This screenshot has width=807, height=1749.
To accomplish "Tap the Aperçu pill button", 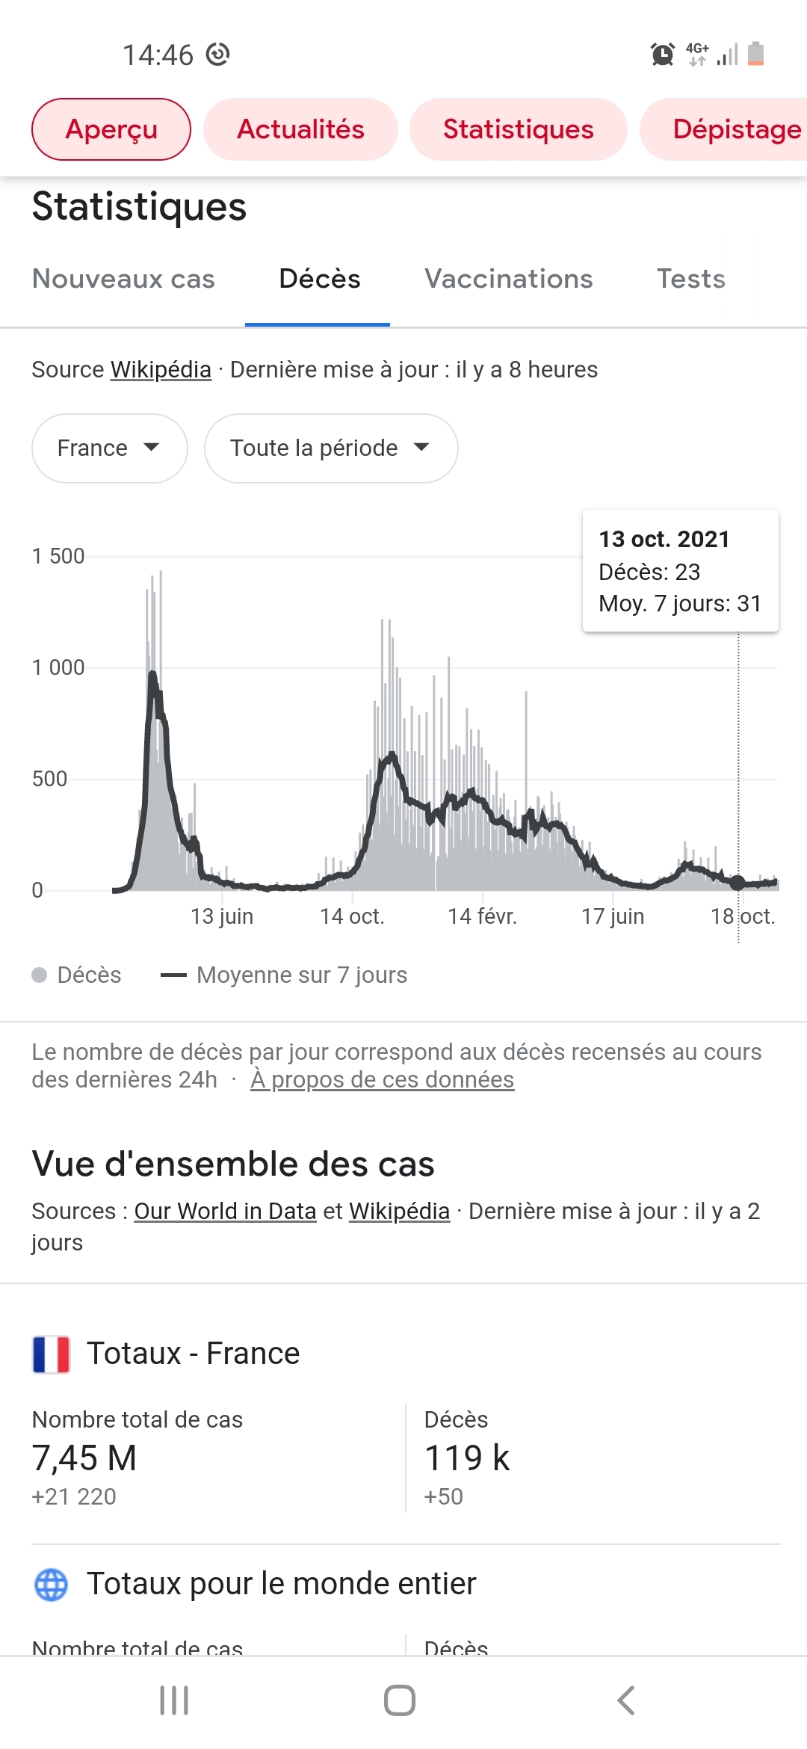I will point(111,129).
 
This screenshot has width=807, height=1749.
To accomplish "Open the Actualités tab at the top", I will point(300,129).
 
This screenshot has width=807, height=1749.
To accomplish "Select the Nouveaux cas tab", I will point(123,279).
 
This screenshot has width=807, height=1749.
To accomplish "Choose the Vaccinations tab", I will point(508,279).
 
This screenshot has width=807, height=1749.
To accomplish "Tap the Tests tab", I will point(691,279).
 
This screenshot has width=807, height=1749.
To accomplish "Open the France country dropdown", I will point(109,448).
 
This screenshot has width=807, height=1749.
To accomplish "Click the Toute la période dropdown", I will point(330,448).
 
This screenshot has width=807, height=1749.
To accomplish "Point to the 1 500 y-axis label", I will point(58,556).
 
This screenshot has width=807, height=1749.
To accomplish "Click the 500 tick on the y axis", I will point(49,779).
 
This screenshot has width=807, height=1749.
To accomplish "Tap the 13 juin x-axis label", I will point(222,916).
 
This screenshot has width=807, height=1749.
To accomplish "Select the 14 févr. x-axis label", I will point(482,916).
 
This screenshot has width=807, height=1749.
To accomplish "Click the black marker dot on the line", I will point(738,883).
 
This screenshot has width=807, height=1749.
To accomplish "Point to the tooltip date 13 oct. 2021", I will point(664,539).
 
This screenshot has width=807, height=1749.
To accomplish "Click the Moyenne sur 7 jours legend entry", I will point(285,975).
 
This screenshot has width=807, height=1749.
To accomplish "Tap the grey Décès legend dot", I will point(40,975).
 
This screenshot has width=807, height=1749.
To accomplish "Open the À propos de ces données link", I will point(382,1080).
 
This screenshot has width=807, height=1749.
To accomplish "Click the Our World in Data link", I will point(225,1211).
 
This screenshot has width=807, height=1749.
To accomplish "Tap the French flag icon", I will point(51,1354).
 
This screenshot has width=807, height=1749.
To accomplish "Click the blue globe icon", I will point(51,1585).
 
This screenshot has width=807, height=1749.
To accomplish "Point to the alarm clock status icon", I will point(662,55).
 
